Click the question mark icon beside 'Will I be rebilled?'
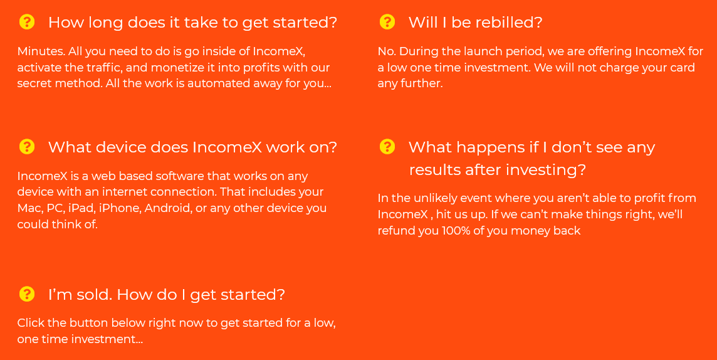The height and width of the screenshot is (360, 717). (x=387, y=22)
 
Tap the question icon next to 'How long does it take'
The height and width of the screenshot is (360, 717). (x=27, y=22)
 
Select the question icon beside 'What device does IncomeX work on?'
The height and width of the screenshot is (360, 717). (x=27, y=147)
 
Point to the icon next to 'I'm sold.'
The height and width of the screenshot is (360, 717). (x=27, y=294)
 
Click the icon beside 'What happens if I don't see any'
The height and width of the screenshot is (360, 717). (x=387, y=147)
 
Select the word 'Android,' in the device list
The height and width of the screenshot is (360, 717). (x=168, y=208)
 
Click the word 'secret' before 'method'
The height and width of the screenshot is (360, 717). (x=34, y=83)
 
